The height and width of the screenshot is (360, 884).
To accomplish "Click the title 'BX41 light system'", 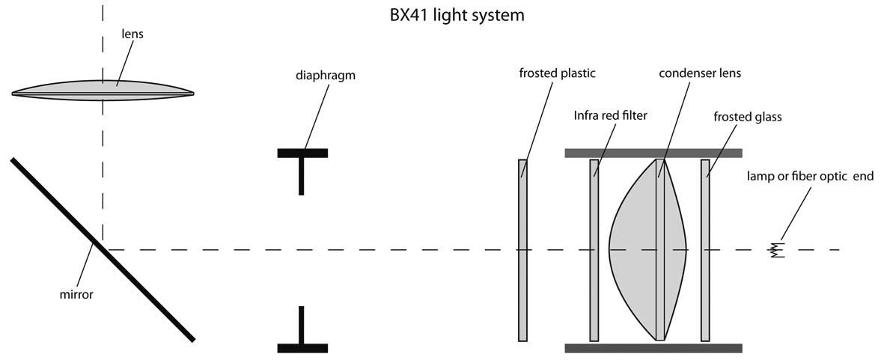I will (x=442, y=14).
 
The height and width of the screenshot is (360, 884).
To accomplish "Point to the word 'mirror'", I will (x=76, y=295).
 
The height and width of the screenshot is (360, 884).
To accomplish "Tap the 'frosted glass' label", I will (x=747, y=118).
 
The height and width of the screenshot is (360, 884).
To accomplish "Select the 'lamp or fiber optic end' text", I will (x=808, y=177).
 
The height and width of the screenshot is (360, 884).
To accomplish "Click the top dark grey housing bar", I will (x=653, y=153).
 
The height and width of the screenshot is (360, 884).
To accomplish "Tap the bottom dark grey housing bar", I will (x=653, y=348).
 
